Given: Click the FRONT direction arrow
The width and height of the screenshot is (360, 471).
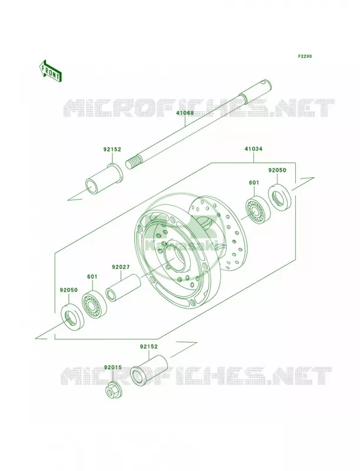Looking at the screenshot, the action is [50, 71].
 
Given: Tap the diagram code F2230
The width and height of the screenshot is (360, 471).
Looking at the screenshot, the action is [305, 56].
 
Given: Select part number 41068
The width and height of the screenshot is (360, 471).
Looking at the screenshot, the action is [185, 113].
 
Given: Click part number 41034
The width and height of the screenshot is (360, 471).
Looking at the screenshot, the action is [253, 149].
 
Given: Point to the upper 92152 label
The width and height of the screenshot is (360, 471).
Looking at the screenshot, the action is [113, 150].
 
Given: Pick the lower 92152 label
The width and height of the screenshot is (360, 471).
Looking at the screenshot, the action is [148, 346].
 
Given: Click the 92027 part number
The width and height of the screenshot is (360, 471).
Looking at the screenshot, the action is [121, 267].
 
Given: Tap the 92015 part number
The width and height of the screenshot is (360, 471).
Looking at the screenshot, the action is [113, 367].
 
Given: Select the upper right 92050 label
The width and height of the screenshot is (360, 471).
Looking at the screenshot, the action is [277, 170].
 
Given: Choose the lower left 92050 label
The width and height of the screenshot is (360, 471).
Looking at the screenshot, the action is [68, 290].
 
